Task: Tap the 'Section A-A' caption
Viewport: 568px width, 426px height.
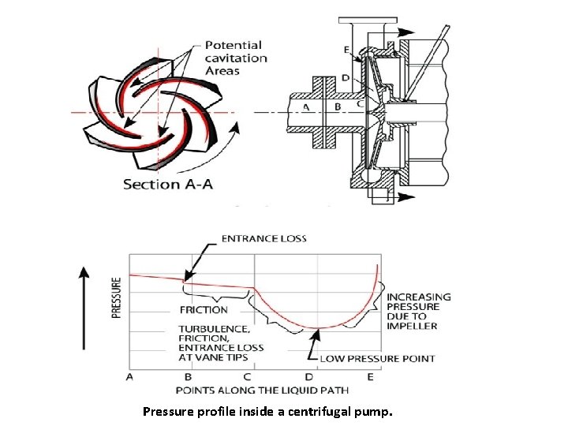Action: (166, 184)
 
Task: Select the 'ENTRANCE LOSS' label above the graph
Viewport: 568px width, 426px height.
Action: (264, 238)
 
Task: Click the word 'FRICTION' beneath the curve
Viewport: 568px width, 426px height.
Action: (204, 309)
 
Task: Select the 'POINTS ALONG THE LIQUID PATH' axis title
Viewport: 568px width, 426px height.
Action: (262, 390)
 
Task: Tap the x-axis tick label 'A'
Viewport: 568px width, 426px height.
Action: (129, 377)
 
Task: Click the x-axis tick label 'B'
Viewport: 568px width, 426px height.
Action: (188, 377)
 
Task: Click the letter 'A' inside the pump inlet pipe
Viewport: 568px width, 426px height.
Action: (306, 106)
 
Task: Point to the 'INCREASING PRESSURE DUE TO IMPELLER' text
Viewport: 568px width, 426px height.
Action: (418, 311)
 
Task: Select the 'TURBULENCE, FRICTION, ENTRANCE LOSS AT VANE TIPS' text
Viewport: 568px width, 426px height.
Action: (221, 342)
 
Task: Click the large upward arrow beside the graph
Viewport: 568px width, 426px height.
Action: (85, 307)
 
